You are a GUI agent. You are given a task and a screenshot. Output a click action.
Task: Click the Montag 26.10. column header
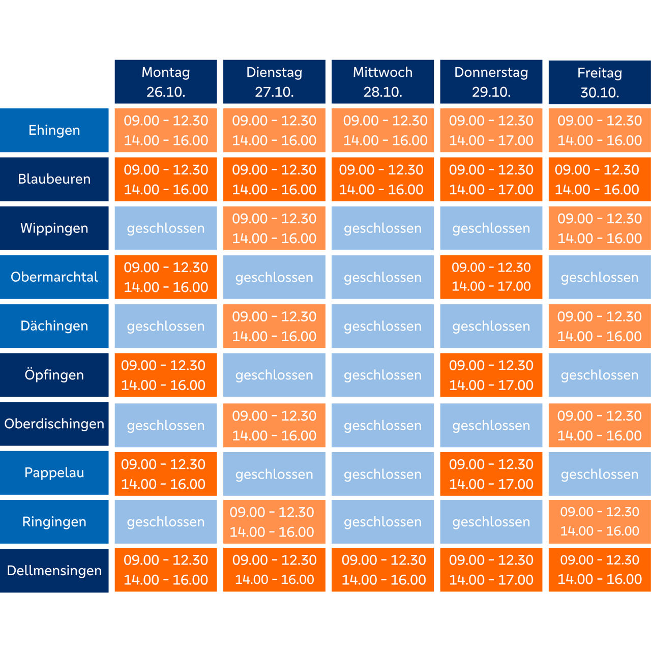[x=165, y=82]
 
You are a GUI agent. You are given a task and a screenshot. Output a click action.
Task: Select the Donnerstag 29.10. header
[x=491, y=82]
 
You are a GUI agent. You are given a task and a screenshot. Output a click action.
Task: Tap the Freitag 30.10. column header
[x=600, y=82]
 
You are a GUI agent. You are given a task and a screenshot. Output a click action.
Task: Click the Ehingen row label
[x=54, y=130]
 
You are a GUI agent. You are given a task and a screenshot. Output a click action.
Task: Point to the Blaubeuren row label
[x=54, y=179]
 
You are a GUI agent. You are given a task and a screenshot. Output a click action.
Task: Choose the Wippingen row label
[x=54, y=228]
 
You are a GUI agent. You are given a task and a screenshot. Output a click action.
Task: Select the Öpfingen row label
[x=54, y=375]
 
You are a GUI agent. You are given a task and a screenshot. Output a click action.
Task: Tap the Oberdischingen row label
[x=54, y=424]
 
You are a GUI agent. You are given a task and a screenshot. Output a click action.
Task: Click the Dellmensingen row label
[x=54, y=571]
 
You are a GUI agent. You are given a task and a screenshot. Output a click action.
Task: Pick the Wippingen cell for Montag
[x=165, y=228]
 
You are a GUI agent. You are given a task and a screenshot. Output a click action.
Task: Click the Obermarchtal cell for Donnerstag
[x=491, y=277]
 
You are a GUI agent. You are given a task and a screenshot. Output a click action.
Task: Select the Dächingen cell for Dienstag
[x=274, y=326]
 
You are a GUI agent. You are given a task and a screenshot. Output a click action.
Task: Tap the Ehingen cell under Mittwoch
[x=382, y=130]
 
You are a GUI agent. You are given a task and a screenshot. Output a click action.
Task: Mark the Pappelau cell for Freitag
[x=600, y=474]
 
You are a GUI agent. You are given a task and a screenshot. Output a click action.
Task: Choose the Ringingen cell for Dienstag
[x=274, y=522]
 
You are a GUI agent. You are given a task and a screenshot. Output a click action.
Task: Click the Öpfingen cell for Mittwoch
[x=382, y=375]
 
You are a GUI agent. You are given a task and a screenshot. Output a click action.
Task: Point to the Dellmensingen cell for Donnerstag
[x=491, y=570]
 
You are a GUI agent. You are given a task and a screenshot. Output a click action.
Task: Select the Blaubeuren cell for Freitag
[x=600, y=179]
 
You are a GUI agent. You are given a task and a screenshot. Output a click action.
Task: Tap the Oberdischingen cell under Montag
[x=165, y=425]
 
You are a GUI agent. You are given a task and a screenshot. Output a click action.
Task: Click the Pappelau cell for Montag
[x=165, y=474]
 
